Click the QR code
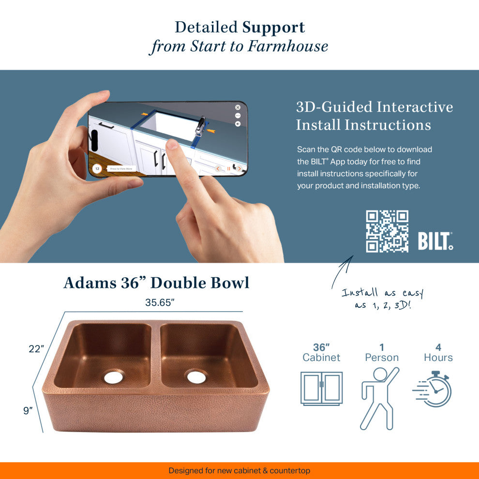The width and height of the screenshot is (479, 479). coord(387,231)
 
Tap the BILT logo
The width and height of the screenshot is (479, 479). coord(435,241)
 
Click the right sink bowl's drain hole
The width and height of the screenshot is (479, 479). coord(196,376)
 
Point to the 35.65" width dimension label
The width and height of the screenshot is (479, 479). coord(160,302)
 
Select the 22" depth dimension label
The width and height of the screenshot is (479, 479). coord(36,348)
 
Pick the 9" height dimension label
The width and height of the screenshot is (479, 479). coord(28,410)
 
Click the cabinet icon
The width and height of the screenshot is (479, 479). coord(321,389)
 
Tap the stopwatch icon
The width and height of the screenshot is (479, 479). coord(432,389)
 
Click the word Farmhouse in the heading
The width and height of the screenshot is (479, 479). coord(288,46)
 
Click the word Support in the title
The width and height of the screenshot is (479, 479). coord(273,28)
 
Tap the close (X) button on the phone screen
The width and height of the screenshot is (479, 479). coord(238,107)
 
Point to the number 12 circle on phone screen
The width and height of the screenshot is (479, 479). coord(97,169)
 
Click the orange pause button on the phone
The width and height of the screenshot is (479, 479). coord(228,169)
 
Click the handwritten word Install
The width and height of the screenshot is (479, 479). coord(359,292)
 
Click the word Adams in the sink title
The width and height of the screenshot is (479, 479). coord(90,283)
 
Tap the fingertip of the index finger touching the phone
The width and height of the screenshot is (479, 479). coord(172,144)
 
